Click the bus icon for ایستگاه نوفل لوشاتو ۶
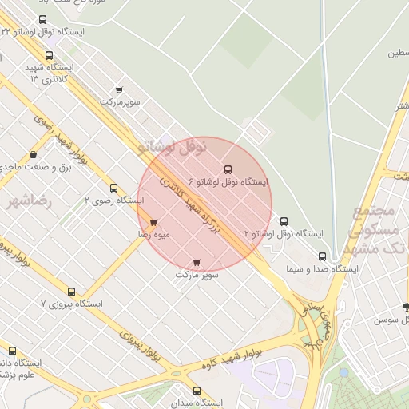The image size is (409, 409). click(x=228, y=169)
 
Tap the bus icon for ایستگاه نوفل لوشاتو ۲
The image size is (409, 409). click(x=284, y=221)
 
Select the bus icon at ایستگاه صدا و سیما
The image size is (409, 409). click(x=323, y=256)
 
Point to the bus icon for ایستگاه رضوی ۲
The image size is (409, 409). click(x=113, y=189)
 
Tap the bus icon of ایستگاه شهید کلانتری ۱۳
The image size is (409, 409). click(x=50, y=56)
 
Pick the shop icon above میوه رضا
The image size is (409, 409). click(x=153, y=223)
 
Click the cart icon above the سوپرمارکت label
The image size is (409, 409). click(x=119, y=89)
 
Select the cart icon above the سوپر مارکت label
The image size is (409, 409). click(x=197, y=262)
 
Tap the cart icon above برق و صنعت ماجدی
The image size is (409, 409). click(x=33, y=154)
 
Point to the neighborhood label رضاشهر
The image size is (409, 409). click(x=29, y=202)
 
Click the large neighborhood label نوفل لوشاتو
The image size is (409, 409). click(x=173, y=146)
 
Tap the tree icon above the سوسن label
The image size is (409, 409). click(x=406, y=307)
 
